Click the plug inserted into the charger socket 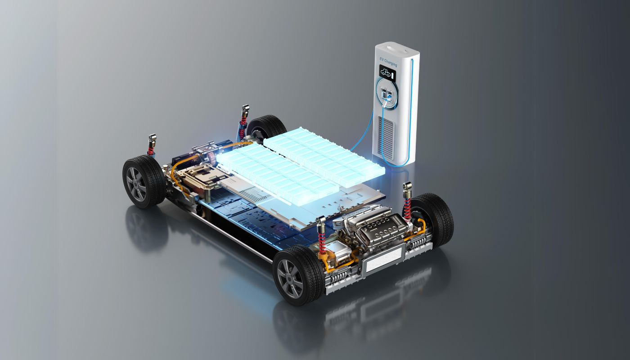[388, 98]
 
